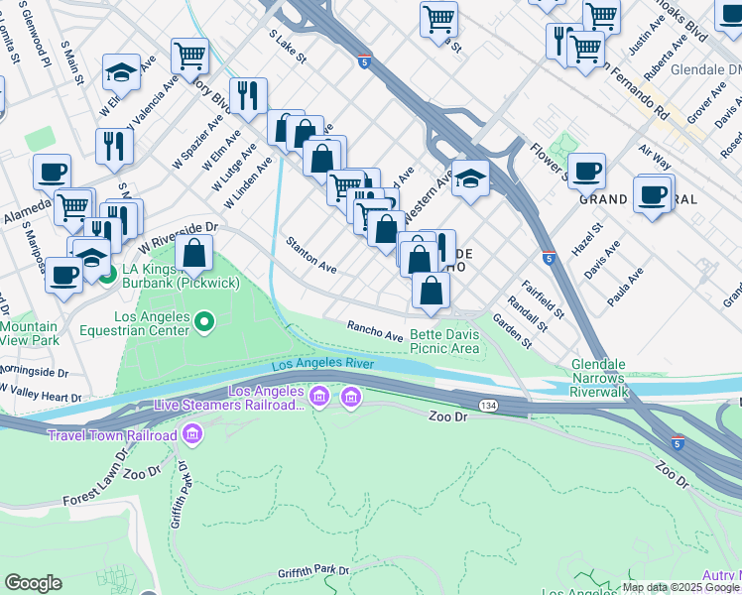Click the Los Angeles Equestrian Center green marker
click(x=204, y=320)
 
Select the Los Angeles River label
click(x=322, y=364)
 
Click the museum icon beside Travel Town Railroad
click(x=192, y=435)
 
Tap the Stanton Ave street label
click(x=311, y=255)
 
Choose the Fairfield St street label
click(x=546, y=300)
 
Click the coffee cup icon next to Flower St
click(x=585, y=170)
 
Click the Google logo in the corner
click(x=33, y=583)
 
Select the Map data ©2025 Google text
click(x=680, y=587)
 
